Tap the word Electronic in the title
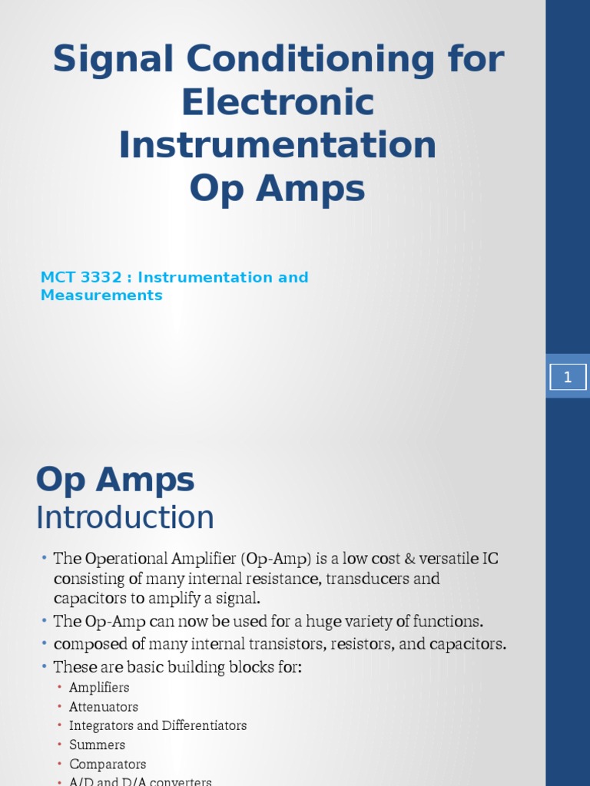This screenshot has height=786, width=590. click(277, 103)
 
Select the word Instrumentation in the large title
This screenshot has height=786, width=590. click(277, 146)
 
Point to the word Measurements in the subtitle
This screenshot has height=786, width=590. click(101, 296)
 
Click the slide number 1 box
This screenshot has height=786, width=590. click(568, 376)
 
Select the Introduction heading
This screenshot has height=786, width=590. click(125, 517)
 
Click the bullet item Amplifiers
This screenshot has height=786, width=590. click(99, 688)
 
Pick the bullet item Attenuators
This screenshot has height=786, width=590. click(104, 707)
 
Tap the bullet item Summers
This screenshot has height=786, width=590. click(97, 745)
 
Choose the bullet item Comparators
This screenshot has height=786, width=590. click(108, 765)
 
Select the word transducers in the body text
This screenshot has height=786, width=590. click(362, 579)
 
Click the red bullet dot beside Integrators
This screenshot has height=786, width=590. click(59, 726)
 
